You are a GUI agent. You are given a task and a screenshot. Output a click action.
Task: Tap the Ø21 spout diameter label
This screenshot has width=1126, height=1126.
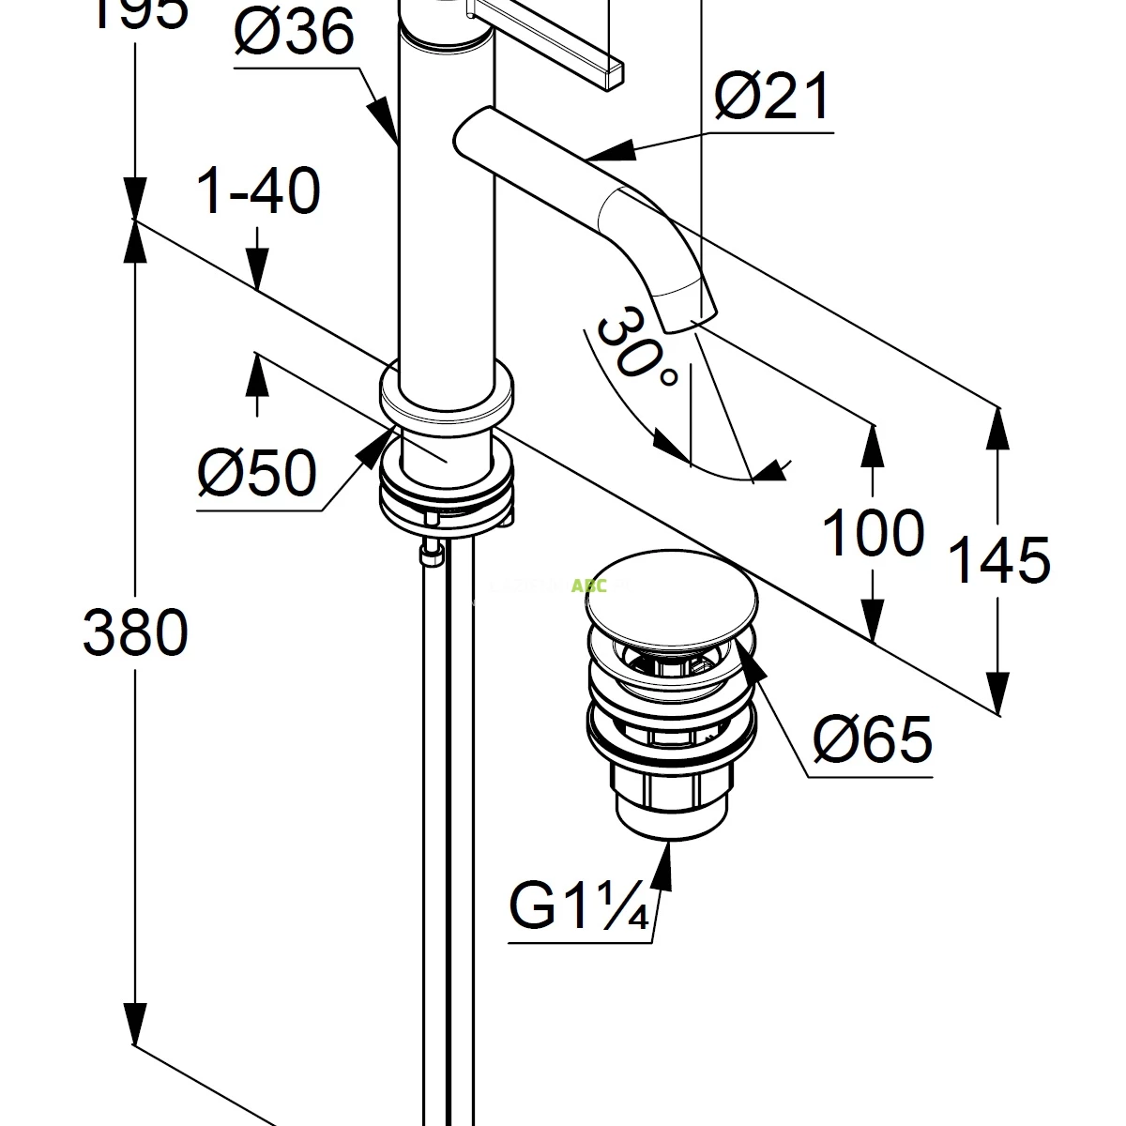(x=772, y=97)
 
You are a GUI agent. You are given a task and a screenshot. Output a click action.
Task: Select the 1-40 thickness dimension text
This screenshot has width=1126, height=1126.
(x=258, y=191)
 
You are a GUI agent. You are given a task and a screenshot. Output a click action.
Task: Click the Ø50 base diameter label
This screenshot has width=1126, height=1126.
(x=256, y=472)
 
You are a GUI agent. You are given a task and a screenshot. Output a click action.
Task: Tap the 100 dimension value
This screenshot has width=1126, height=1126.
(x=873, y=534)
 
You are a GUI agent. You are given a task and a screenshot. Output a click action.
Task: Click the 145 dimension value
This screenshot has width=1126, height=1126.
(x=999, y=560)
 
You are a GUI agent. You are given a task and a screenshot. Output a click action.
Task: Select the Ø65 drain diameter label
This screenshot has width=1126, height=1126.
(x=872, y=739)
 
